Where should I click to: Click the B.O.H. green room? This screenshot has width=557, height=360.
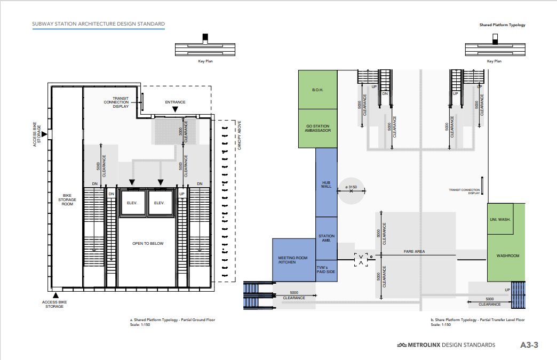click(x=317, y=90)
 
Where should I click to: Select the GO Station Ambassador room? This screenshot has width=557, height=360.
click(x=317, y=129)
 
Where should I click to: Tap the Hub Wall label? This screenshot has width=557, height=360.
click(x=326, y=185)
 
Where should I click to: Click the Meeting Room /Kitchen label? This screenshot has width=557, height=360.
click(x=293, y=260)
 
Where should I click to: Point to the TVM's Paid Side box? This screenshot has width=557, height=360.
click(x=327, y=271)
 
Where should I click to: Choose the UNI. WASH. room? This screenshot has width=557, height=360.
click(x=500, y=219)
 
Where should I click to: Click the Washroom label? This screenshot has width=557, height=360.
click(x=507, y=255)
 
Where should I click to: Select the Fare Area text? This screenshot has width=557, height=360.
click(x=414, y=251)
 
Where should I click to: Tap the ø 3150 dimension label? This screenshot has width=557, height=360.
click(x=351, y=187)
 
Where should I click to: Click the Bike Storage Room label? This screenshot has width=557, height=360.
click(x=67, y=200)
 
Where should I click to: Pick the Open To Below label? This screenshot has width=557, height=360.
click(x=148, y=244)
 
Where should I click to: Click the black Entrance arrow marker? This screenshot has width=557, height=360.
click(x=175, y=110)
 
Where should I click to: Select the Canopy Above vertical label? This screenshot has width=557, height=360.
click(x=239, y=135)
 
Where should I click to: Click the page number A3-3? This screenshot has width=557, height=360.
click(x=529, y=345)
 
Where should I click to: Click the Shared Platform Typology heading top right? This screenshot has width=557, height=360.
click(x=502, y=25)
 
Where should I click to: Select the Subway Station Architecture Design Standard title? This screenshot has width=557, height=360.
click(x=98, y=24)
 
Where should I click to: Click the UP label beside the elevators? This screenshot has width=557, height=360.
click(x=182, y=194)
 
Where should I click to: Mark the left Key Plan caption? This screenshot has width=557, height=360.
click(x=205, y=61)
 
